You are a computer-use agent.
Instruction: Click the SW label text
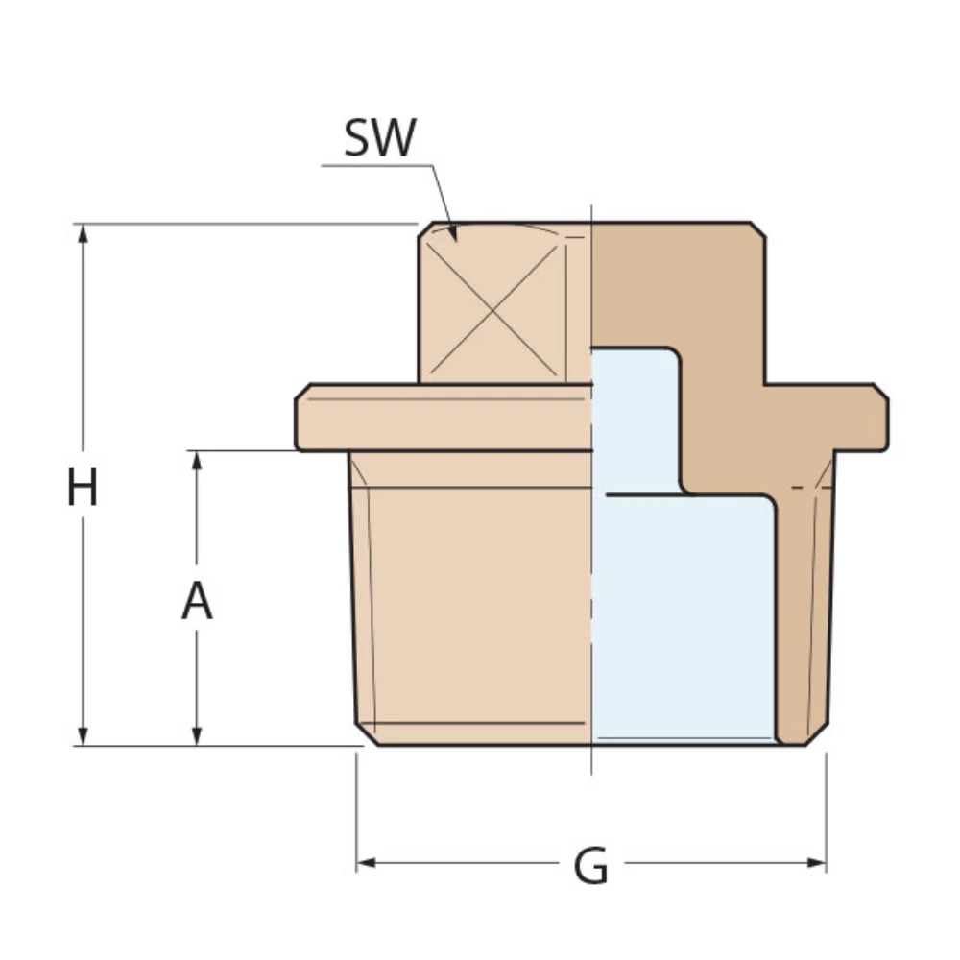pos(380,138)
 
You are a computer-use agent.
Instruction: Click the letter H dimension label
pos(83,488)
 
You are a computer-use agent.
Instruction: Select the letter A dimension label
pos(197,602)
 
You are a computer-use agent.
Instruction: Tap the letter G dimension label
pos(591,867)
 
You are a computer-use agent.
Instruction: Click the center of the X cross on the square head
pos(492,308)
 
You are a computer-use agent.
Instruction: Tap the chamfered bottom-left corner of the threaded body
pos(366,734)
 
